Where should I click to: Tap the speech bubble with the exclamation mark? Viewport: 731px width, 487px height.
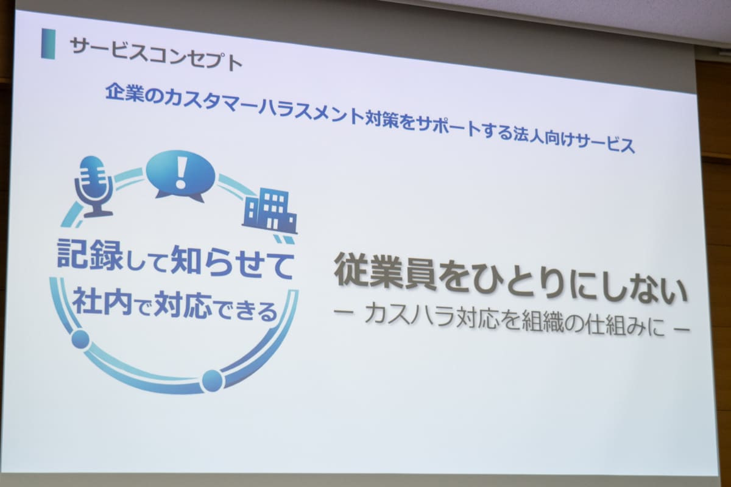(x=180, y=176)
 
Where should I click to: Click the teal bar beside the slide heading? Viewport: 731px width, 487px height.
(x=48, y=44)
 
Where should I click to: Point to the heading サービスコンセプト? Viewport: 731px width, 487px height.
(x=156, y=54)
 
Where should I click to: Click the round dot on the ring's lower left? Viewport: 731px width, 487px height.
(x=80, y=339)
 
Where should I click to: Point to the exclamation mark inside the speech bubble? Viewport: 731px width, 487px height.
(x=180, y=173)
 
